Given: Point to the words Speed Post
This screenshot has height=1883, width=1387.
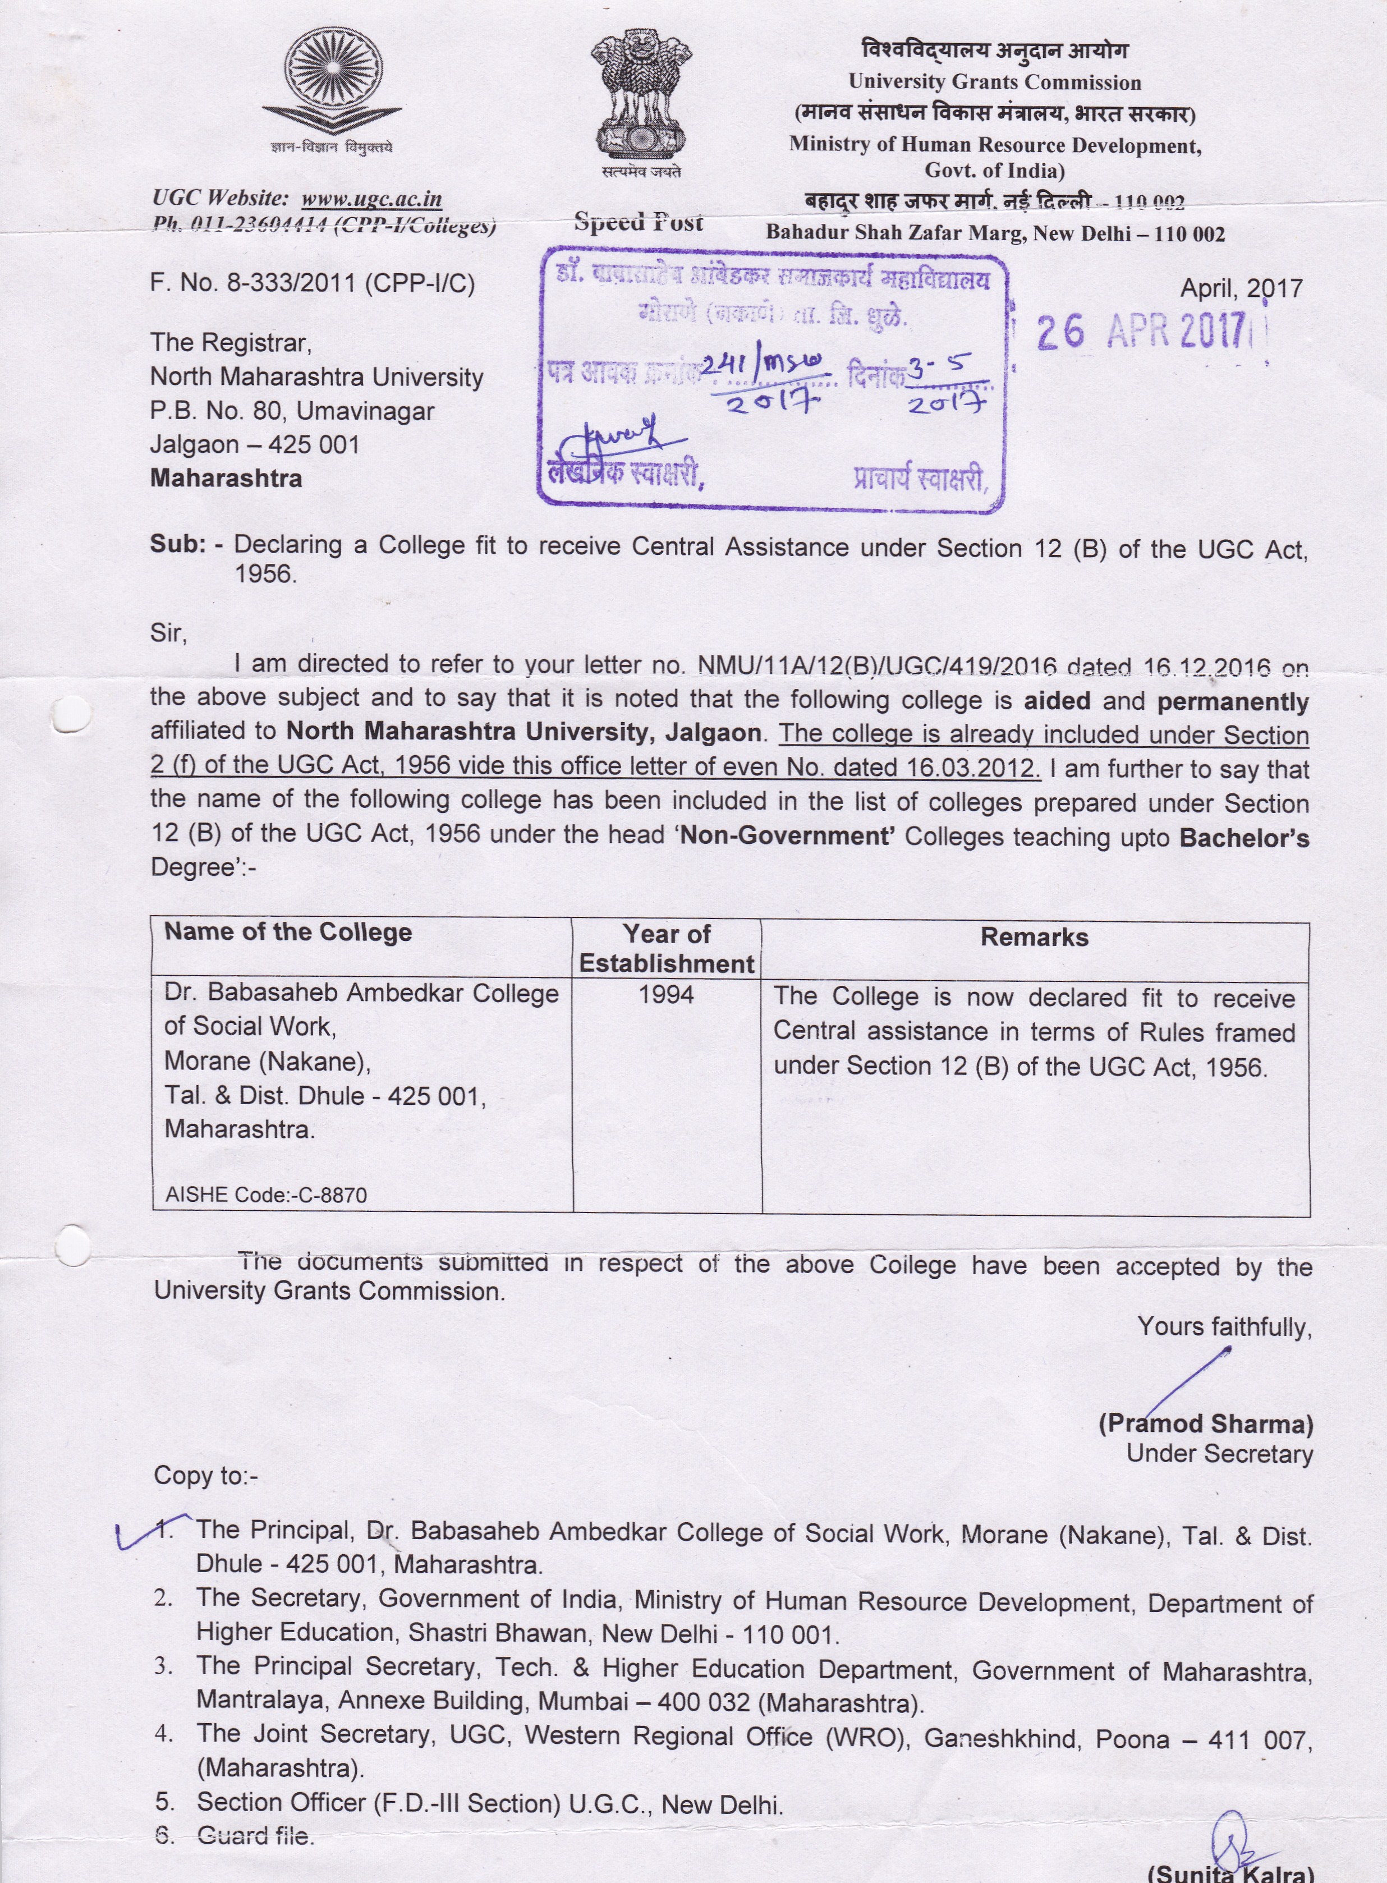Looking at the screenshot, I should point(638,222).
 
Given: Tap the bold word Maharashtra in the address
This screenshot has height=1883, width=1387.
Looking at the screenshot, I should point(226,479).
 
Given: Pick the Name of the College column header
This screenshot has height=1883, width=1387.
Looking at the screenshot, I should point(288,932).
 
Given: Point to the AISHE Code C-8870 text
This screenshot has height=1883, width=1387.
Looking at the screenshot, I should point(266,1195).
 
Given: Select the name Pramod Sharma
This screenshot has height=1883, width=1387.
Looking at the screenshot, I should point(1206,1424).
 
